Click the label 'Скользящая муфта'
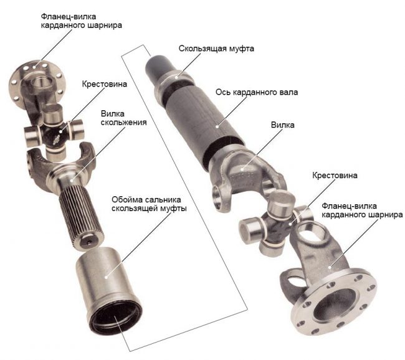pos(216,49)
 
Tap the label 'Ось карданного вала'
pos(257,92)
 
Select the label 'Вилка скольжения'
pos(124,118)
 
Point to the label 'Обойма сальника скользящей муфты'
pos(149,204)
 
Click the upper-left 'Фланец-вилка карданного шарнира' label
pos(82,21)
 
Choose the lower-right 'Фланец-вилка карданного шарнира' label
pos(362,211)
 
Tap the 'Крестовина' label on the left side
pos(104,84)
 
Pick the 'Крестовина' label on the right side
pos(335,176)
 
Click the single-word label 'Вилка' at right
pos(283,125)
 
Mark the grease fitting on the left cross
pos(56,141)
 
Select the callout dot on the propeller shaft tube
pos(217,126)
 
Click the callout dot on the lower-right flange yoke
pos(330,267)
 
